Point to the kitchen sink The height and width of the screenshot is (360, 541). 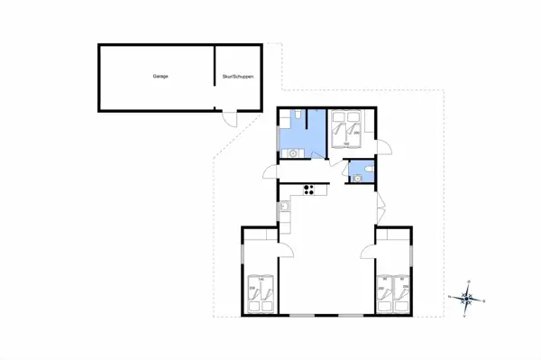pos(284,209)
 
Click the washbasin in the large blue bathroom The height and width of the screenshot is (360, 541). pos(292,153)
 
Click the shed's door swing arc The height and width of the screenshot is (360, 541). pos(231,118)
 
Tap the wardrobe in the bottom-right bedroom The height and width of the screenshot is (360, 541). pos(394,234)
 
